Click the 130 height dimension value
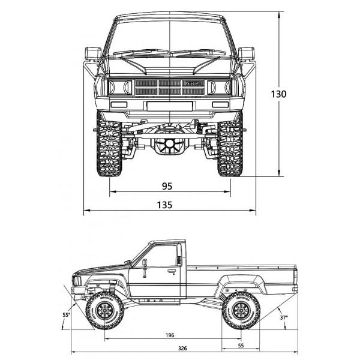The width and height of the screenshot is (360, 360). pyautogui.click(x=278, y=94)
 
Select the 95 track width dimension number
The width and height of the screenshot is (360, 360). pyautogui.click(x=167, y=186)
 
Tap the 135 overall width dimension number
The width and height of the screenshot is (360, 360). pyautogui.click(x=164, y=205)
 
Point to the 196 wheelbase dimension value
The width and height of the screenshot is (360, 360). pyautogui.click(x=170, y=335)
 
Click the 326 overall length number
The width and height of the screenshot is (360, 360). pyautogui.click(x=182, y=348)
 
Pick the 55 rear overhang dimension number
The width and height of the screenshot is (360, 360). pyautogui.click(x=241, y=346)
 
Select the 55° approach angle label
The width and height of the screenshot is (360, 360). pyautogui.click(x=67, y=315)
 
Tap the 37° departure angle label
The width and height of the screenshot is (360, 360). pyautogui.click(x=284, y=318)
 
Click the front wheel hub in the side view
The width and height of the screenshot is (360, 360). pyautogui.click(x=105, y=311)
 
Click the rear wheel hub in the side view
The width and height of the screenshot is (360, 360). pyautogui.click(x=241, y=311)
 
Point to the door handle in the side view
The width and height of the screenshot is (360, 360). pyautogui.click(x=171, y=272)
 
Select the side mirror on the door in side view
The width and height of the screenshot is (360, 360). pyautogui.click(x=145, y=268)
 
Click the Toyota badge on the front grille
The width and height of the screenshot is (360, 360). pyautogui.click(x=193, y=83)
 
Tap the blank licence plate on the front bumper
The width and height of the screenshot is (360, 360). pyautogui.click(x=170, y=106)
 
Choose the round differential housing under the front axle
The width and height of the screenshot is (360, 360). pyautogui.click(x=170, y=144)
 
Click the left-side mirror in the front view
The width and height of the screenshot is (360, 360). pyautogui.click(x=93, y=53)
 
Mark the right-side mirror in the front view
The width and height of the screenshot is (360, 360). pyautogui.click(x=247, y=53)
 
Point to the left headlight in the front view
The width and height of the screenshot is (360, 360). pyautogui.click(x=121, y=87)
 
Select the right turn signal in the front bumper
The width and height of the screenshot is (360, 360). pyautogui.click(x=220, y=104)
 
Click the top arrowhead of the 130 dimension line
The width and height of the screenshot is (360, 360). pyautogui.click(x=279, y=15)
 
